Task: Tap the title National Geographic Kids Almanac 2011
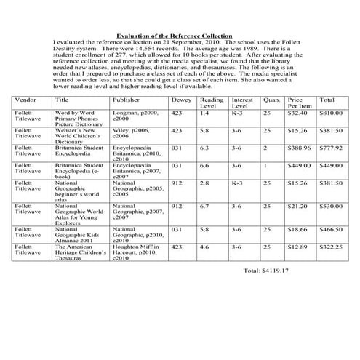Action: click(x=78, y=234)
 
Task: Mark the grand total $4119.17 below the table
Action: click(x=266, y=270)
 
